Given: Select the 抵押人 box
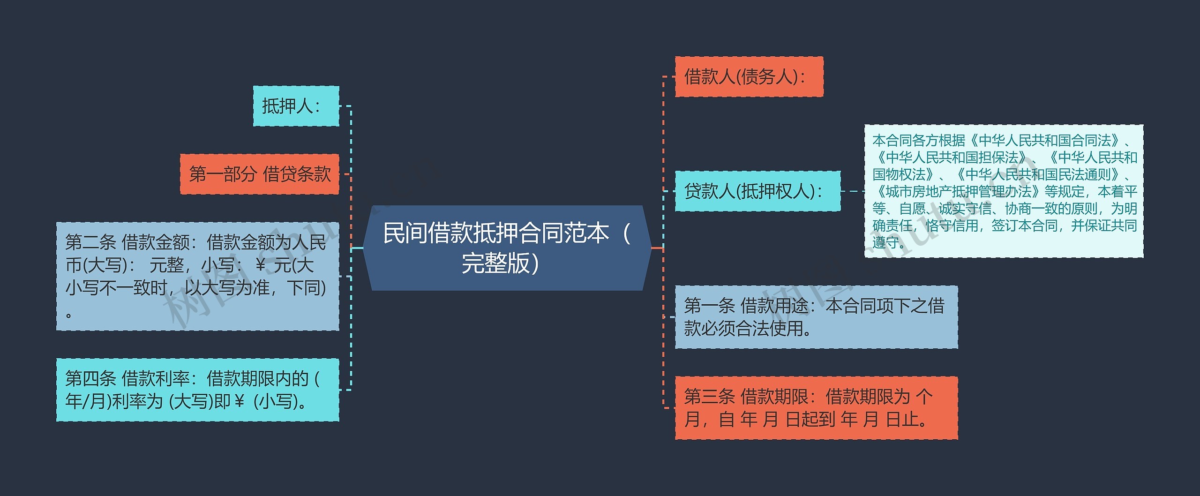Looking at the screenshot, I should pyautogui.click(x=296, y=106).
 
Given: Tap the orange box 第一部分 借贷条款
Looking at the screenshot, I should pyautogui.click(x=259, y=174).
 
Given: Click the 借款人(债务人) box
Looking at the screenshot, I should pyautogui.click(x=749, y=77).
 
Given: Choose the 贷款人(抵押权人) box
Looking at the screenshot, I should pyautogui.click(x=757, y=191).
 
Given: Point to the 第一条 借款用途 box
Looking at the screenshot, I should pyautogui.click(x=816, y=317).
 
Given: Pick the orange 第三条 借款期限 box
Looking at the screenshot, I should pyautogui.click(x=816, y=408).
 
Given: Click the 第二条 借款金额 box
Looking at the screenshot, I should pyautogui.click(x=197, y=277).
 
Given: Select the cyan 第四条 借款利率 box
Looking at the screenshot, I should pyautogui.click(x=197, y=390).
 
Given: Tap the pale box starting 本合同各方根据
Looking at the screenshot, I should pyautogui.click(x=1003, y=191).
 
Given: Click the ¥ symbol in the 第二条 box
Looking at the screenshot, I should pyautogui.click(x=261, y=265).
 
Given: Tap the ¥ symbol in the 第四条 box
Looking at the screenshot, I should pyautogui.click(x=239, y=401).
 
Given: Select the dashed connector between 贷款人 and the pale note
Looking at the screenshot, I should pyautogui.click(x=852, y=191).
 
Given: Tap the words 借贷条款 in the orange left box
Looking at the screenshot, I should pyautogui.click(x=297, y=174).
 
